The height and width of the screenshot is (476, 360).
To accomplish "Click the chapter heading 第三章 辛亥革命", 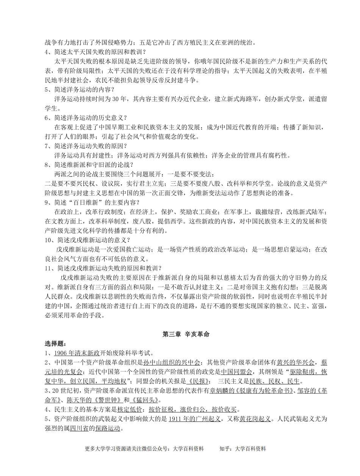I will click(186, 334).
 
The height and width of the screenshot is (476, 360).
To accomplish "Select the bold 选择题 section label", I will click(55, 344).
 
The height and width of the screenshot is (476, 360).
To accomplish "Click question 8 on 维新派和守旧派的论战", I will click(89, 164).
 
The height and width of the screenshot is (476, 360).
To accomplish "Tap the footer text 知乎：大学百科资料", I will click(243, 449).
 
